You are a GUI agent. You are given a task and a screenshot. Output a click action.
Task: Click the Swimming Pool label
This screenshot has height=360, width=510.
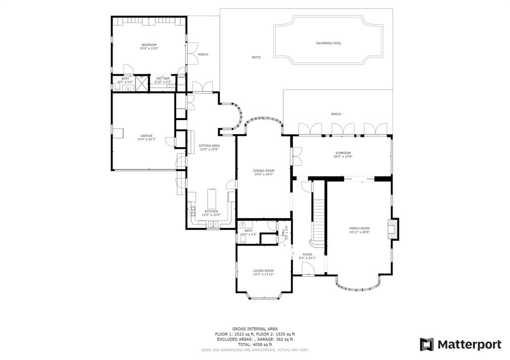point(328,43)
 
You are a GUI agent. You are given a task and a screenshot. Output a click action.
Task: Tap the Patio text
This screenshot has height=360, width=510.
point(256,57)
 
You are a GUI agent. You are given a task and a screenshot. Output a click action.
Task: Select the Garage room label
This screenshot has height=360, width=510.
point(146,135)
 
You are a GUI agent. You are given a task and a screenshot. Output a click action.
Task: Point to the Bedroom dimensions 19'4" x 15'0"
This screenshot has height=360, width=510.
point(149,49)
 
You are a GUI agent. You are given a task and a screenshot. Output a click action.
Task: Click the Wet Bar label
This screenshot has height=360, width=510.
point(163,78)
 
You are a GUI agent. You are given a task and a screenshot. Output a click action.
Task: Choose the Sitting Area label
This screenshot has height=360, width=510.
point(209,145)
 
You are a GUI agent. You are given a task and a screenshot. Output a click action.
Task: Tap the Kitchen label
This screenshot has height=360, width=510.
point(211,211)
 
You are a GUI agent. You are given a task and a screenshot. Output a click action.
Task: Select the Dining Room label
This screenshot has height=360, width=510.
point(263,170)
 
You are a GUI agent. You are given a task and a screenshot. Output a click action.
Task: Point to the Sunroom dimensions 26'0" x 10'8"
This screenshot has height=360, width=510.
point(343,157)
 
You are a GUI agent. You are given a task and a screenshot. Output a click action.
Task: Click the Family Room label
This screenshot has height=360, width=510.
point(359,228)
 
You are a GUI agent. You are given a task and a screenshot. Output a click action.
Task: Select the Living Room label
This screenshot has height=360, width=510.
point(263,270)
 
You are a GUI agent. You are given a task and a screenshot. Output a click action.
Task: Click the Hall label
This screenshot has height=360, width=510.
point(283,233)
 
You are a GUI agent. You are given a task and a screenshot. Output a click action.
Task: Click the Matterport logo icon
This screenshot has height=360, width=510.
point(427,344)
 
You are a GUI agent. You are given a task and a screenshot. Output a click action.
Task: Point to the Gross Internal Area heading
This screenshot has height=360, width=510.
point(255,329)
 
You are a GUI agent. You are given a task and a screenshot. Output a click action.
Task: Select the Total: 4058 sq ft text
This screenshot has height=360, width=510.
point(255,345)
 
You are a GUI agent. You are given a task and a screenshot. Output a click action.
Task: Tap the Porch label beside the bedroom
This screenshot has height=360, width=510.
point(203,54)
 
